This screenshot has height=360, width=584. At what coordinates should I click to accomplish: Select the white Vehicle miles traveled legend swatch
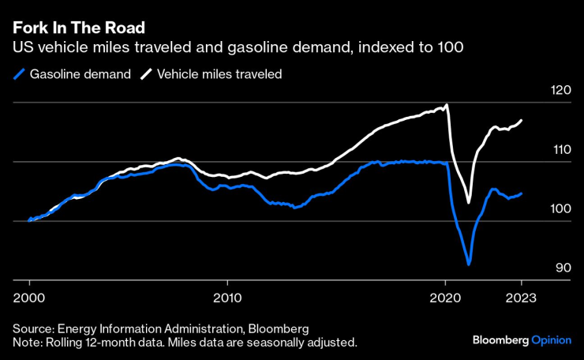[146, 74]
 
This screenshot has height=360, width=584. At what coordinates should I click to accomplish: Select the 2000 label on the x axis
[29, 298]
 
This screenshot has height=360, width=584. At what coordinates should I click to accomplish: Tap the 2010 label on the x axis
[227, 298]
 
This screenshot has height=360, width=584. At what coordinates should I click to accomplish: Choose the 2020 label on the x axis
[446, 298]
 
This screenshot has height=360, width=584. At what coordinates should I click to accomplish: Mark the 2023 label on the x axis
[522, 298]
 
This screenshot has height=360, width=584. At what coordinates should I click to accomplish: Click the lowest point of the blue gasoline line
[469, 264]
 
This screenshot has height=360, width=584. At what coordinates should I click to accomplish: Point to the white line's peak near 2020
[447, 104]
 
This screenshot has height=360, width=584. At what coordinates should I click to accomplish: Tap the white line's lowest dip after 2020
[469, 203]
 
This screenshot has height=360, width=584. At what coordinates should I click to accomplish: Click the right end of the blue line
[522, 193]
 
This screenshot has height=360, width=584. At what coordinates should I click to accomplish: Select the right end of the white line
[522, 120]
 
